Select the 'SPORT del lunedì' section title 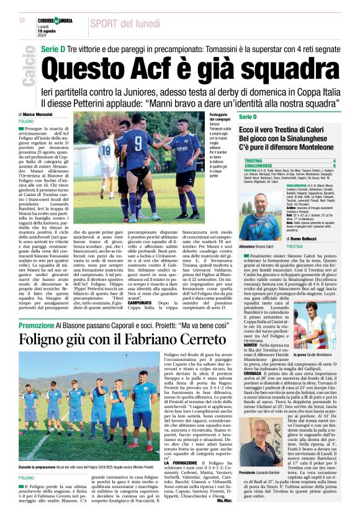[127, 24]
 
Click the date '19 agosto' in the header [63, 30]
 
